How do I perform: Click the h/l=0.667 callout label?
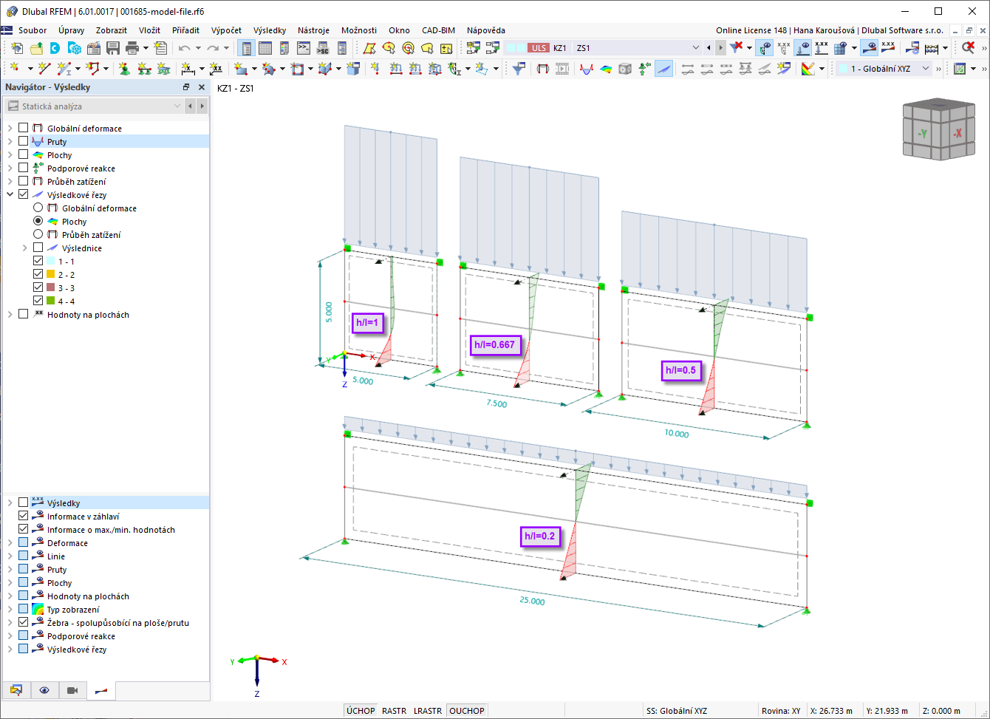coord(494,344)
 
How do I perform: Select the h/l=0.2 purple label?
coord(539,536)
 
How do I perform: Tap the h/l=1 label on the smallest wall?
coord(367,323)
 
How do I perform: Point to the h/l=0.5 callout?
coord(680,370)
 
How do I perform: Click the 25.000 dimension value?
coord(532,601)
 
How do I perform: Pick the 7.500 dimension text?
coord(496,403)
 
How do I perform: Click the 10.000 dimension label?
coord(677,433)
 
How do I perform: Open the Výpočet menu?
coord(226,30)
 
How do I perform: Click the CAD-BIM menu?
coord(438,30)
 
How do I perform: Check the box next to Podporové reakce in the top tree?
coord(24,168)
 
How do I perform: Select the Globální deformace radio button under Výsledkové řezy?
coord(38,208)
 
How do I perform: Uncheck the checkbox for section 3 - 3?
coord(38,287)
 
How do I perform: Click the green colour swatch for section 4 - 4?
coord(51,301)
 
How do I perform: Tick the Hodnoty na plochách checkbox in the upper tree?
coord(24,314)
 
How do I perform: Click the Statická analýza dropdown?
coord(95,106)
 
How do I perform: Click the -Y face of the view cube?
coord(922,134)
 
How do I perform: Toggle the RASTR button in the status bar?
coord(394,711)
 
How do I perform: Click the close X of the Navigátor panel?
coord(202,87)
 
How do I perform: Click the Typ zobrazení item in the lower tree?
coord(73,610)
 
